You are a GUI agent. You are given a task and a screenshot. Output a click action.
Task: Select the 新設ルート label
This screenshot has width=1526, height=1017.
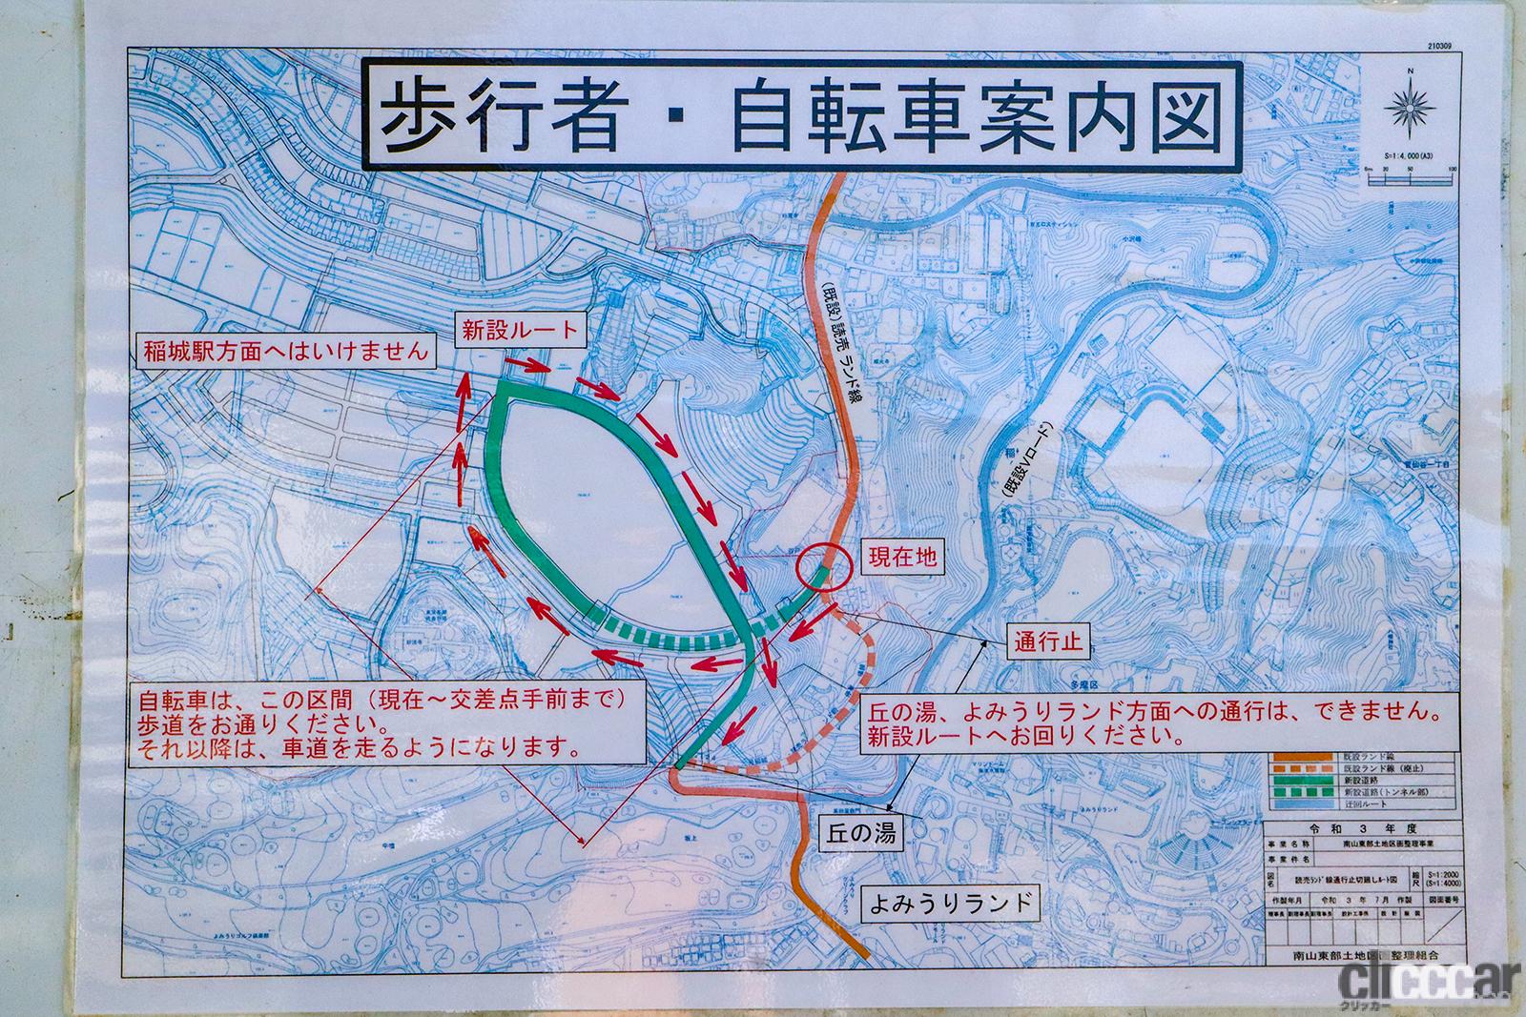tap(520, 331)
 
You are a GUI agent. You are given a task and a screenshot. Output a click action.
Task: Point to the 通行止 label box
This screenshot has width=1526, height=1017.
tap(1047, 642)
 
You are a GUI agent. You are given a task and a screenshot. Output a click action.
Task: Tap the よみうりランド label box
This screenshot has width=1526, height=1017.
tap(950, 902)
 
